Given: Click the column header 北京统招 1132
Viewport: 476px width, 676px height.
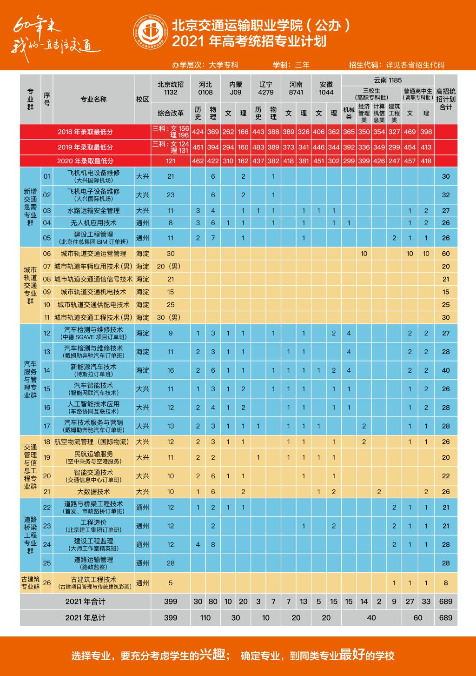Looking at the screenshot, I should [x=171, y=88].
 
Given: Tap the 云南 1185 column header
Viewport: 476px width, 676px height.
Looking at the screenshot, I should [x=388, y=80].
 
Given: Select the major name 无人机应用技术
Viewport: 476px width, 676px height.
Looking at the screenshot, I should [x=93, y=223].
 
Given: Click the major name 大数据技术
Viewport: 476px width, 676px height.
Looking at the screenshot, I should [x=93, y=491].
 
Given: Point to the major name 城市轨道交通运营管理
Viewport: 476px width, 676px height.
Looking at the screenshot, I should [x=93, y=254].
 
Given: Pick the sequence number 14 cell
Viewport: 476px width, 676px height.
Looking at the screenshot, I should [x=47, y=370].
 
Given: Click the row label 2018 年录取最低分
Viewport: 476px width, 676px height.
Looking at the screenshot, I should [x=85, y=132].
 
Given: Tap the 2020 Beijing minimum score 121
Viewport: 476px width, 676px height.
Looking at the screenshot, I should [x=171, y=161].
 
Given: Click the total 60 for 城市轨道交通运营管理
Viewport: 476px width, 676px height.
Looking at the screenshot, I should [x=446, y=254].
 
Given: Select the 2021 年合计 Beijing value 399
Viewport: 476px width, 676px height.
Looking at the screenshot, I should [x=171, y=601].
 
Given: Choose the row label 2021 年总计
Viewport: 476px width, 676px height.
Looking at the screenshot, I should [x=85, y=618].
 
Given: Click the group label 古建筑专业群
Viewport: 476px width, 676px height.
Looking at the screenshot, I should [x=30, y=582].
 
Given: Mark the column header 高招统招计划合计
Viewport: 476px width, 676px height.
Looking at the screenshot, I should [x=446, y=99].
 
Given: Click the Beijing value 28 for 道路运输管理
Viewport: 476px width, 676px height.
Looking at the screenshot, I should [x=171, y=563].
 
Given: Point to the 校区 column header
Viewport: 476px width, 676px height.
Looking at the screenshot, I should [x=143, y=99].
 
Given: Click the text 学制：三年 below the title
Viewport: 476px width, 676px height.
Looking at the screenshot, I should [x=291, y=65].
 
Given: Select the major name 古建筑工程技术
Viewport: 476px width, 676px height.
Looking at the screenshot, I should [x=93, y=580].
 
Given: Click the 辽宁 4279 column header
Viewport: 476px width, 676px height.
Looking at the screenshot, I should [x=265, y=88].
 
